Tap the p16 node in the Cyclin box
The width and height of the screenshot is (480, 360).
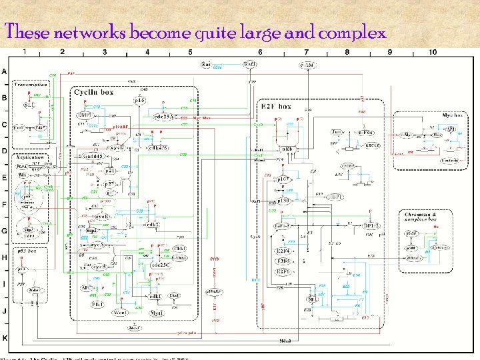[139, 101]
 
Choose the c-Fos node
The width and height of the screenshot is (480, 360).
[365, 133]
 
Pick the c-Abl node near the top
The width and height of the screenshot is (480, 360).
[309, 65]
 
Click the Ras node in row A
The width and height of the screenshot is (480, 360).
[207, 65]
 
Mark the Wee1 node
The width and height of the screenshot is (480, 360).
[120, 312]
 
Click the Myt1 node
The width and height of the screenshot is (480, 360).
[157, 312]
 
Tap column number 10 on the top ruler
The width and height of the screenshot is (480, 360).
[433, 52]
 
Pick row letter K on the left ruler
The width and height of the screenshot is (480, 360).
[5, 339]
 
